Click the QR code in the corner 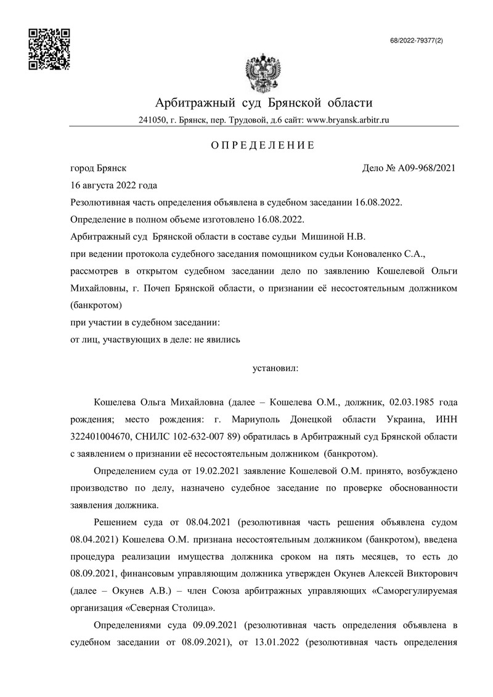point(50,49)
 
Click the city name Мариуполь point(245,420)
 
